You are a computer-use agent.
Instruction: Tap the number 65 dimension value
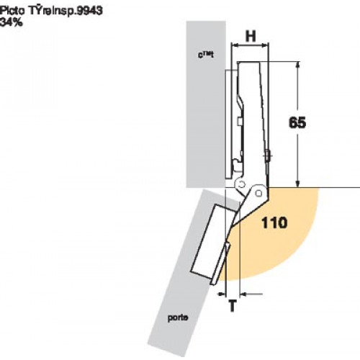[297, 122]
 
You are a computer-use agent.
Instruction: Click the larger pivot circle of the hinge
[255, 194]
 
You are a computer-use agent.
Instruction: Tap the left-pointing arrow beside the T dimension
[248, 294]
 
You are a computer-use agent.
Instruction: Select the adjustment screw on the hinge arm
[269, 154]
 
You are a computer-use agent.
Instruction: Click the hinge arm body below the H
[254, 108]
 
